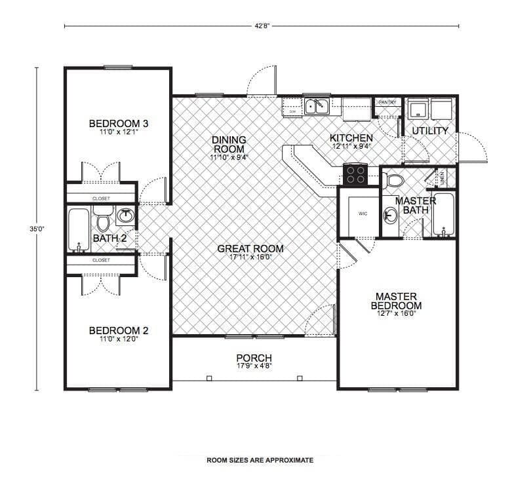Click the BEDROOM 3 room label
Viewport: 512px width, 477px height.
pos(119,123)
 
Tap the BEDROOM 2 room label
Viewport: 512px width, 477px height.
pos(119,330)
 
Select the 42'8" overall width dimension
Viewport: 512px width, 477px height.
pos(262,26)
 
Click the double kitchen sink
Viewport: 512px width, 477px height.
pos(317,106)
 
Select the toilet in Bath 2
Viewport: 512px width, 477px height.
pos(102,218)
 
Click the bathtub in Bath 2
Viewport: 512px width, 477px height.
pos(78,229)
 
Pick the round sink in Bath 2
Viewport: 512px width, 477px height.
pos(126,215)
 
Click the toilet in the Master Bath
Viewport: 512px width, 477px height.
pos(395,180)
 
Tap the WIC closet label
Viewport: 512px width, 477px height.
pos(363,214)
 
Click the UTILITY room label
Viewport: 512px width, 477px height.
pos(430,130)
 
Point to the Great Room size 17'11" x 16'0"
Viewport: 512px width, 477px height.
pos(250,257)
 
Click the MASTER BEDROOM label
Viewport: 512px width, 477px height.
pos(396,301)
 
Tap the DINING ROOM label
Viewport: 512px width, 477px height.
pos(228,144)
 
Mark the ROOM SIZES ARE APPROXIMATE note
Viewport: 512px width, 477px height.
pos(260,460)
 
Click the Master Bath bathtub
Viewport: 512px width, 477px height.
pos(444,214)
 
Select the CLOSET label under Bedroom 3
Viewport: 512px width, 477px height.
pos(101,198)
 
